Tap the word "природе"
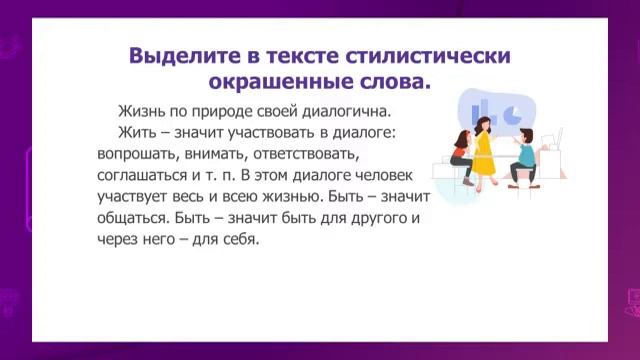(x=228, y=111)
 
